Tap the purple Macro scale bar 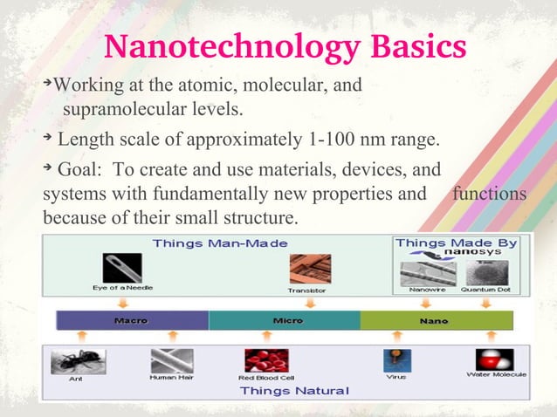coord(131,320)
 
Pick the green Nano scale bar coord(433,320)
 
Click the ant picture coord(77,361)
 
